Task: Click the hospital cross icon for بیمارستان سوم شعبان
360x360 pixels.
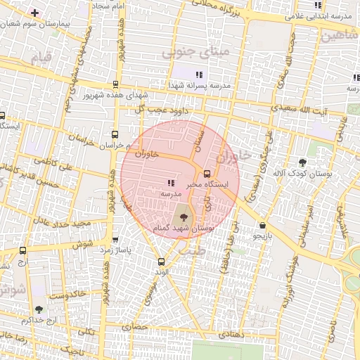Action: tap(35, 13)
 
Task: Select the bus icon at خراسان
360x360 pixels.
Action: tap(115, 134)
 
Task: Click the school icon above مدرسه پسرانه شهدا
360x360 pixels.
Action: tap(199, 74)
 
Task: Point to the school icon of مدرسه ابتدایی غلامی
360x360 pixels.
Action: tap(319, 5)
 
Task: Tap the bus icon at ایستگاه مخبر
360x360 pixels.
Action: tap(206, 174)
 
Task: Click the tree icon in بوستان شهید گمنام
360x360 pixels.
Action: tap(184, 217)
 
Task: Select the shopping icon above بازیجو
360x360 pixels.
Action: tap(262, 226)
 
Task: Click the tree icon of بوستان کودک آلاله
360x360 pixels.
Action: tap(303, 162)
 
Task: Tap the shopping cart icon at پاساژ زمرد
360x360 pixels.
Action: tap(115, 239)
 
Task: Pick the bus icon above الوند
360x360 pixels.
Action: tap(161, 262)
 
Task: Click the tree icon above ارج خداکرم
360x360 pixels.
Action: tap(39, 309)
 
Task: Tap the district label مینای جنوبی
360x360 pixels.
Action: tap(195, 51)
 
